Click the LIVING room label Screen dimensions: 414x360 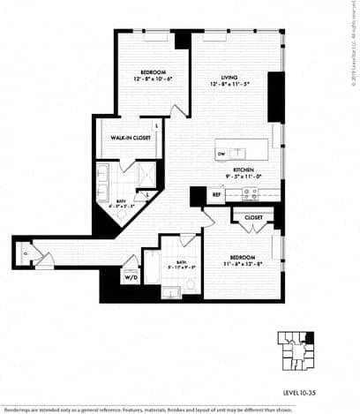[230, 75]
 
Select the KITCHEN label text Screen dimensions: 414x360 [244, 169]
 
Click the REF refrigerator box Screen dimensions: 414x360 [217, 193]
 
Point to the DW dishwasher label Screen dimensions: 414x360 [221, 154]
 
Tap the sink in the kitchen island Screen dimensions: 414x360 [237, 151]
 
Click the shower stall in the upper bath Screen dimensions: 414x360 [142, 171]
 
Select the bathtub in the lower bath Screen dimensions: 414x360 [152, 267]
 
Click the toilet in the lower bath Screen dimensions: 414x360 [189, 284]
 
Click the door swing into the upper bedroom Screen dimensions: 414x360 [180, 111]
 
